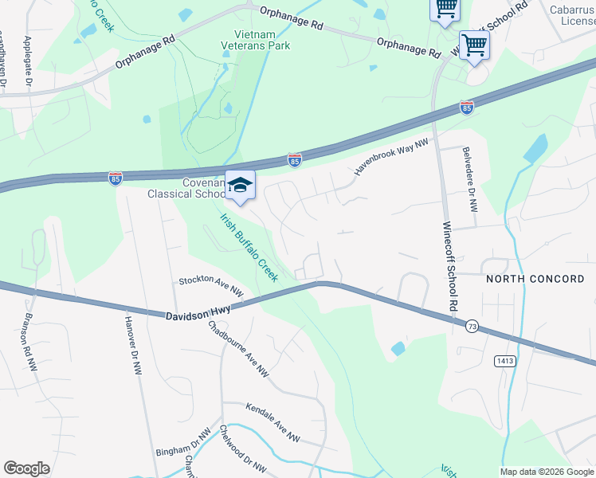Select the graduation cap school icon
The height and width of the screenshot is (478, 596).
point(239,186)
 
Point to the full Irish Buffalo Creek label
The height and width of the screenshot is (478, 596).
point(249,247)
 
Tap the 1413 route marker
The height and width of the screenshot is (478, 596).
point(504,361)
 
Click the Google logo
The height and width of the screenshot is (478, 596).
point(26,468)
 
